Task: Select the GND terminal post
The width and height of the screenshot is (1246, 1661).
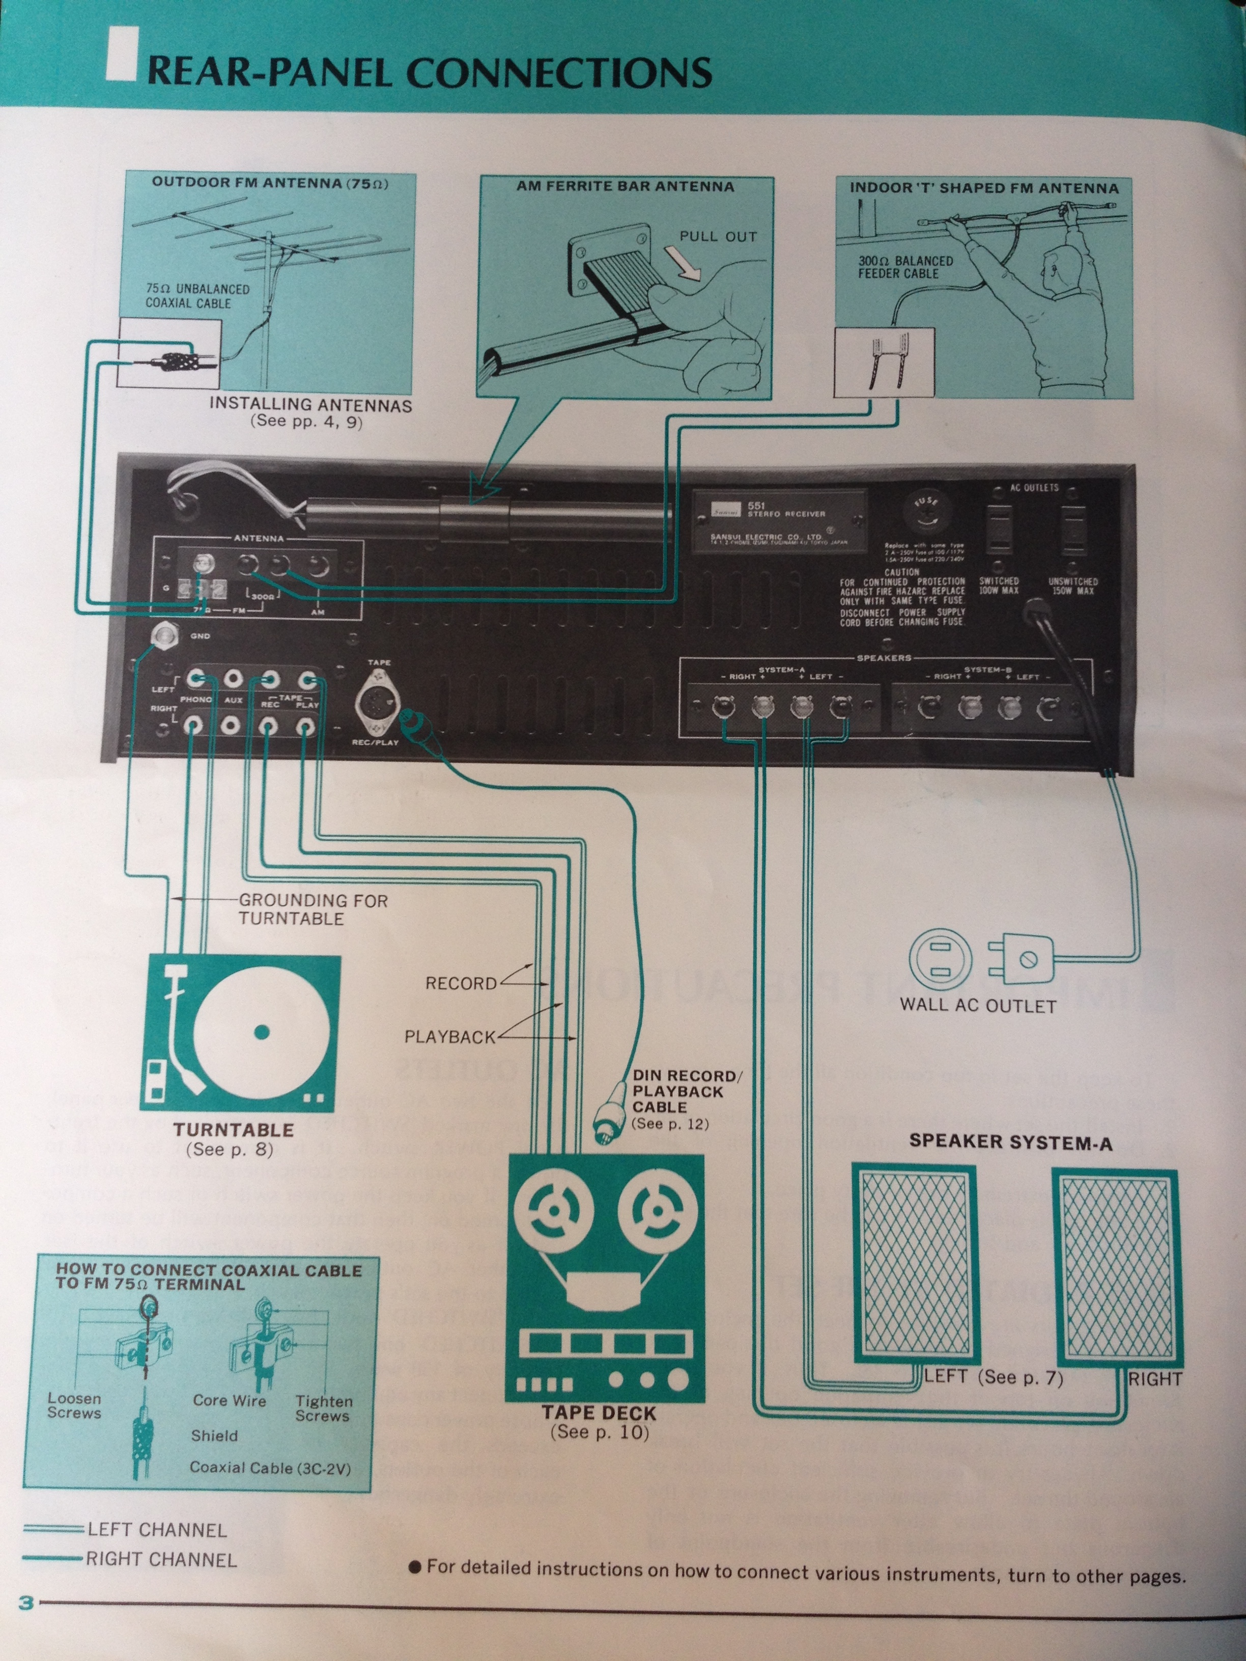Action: [x=164, y=635]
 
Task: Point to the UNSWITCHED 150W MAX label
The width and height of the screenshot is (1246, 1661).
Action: [x=1073, y=586]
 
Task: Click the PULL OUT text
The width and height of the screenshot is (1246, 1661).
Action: [x=718, y=237]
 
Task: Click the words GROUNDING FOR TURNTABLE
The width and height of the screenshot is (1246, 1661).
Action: [x=313, y=908]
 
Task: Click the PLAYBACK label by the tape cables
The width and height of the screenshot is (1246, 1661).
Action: [x=450, y=1037]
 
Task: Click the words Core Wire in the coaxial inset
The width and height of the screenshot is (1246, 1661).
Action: [x=229, y=1400]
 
